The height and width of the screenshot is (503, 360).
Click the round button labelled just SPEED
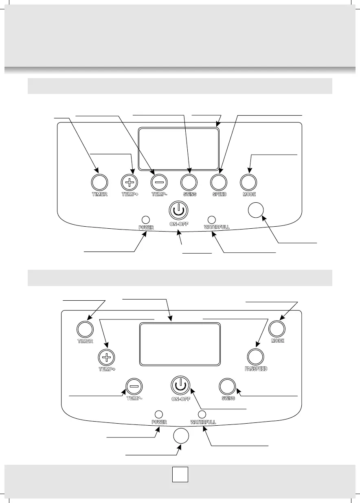[x=218, y=181]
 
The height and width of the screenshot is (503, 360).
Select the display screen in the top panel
[x=178, y=149]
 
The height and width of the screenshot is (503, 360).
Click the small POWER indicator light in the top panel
[x=145, y=219]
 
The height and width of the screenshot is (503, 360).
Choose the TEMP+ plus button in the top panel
[x=130, y=181]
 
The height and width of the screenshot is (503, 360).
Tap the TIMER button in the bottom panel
[x=85, y=328]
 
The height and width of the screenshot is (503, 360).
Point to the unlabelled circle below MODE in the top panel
[x=256, y=210]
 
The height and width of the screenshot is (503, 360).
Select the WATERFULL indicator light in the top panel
[x=211, y=219]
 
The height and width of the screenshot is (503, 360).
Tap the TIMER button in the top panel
[x=99, y=181]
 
